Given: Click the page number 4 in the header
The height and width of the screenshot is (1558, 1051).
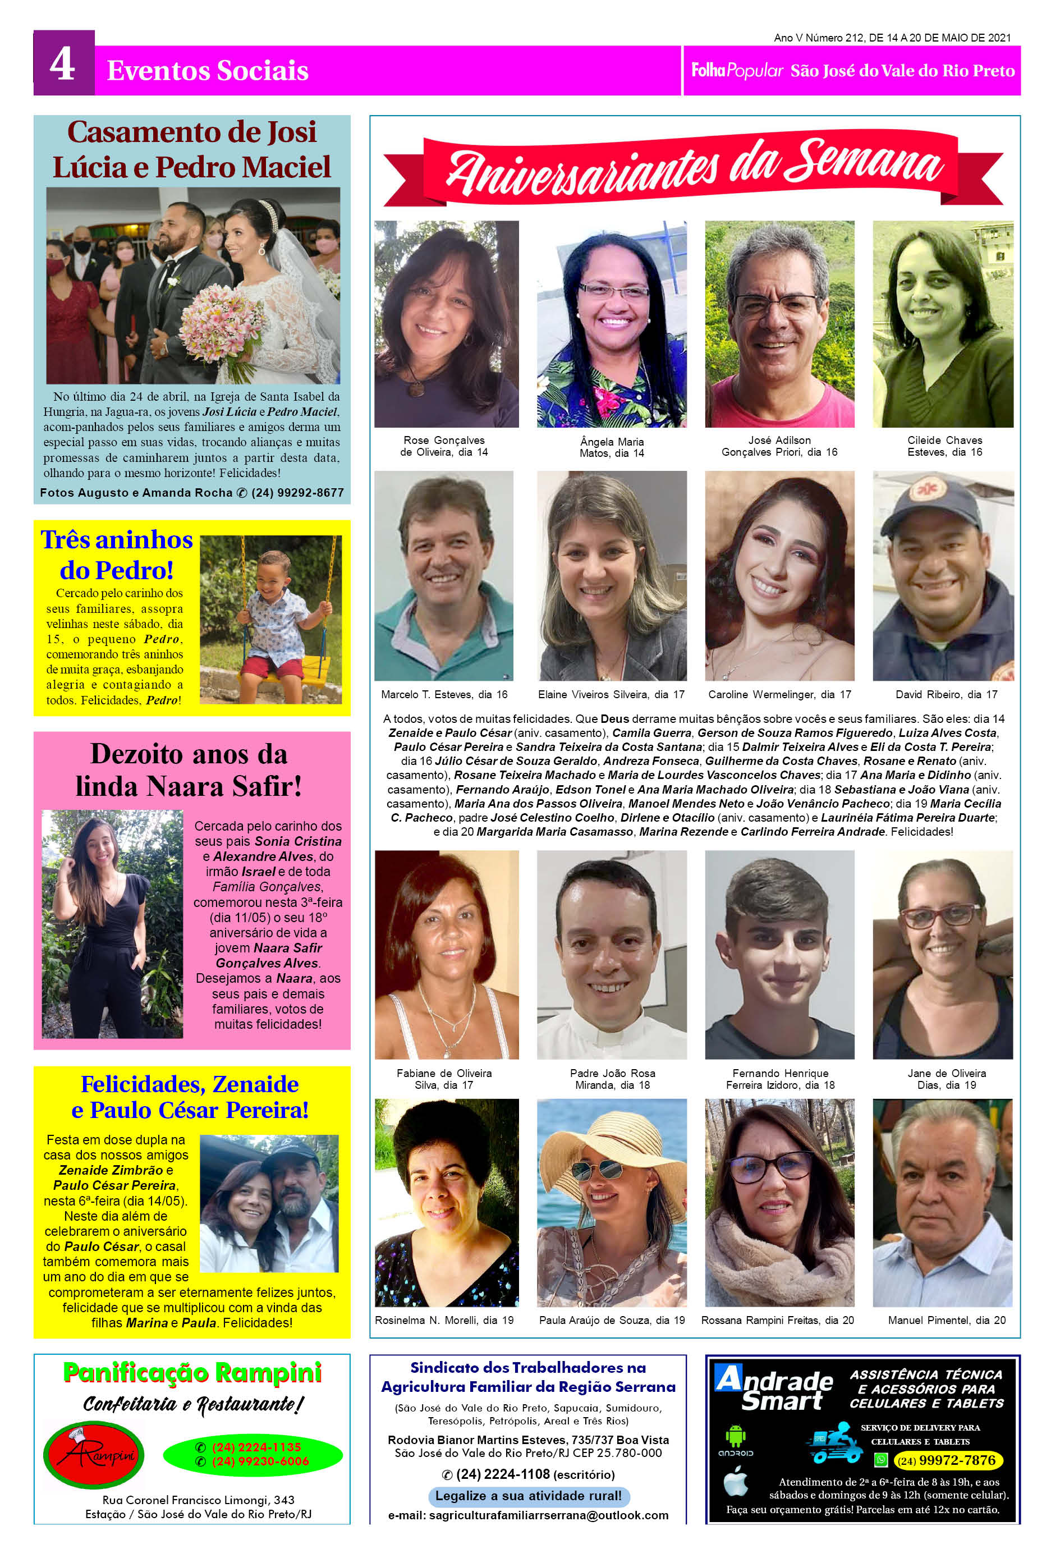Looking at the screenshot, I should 62,66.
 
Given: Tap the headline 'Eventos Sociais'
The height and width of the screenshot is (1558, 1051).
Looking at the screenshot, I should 208,70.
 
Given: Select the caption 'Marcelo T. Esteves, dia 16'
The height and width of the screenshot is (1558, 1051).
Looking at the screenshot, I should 444,694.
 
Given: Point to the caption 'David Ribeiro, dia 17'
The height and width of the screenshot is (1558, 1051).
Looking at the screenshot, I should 946,694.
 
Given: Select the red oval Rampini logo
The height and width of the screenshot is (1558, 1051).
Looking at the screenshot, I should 93,1455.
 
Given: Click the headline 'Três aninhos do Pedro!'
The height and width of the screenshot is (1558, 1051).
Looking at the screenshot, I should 117,555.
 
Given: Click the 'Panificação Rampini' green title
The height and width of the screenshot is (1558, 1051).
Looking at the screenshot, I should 192,1372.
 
